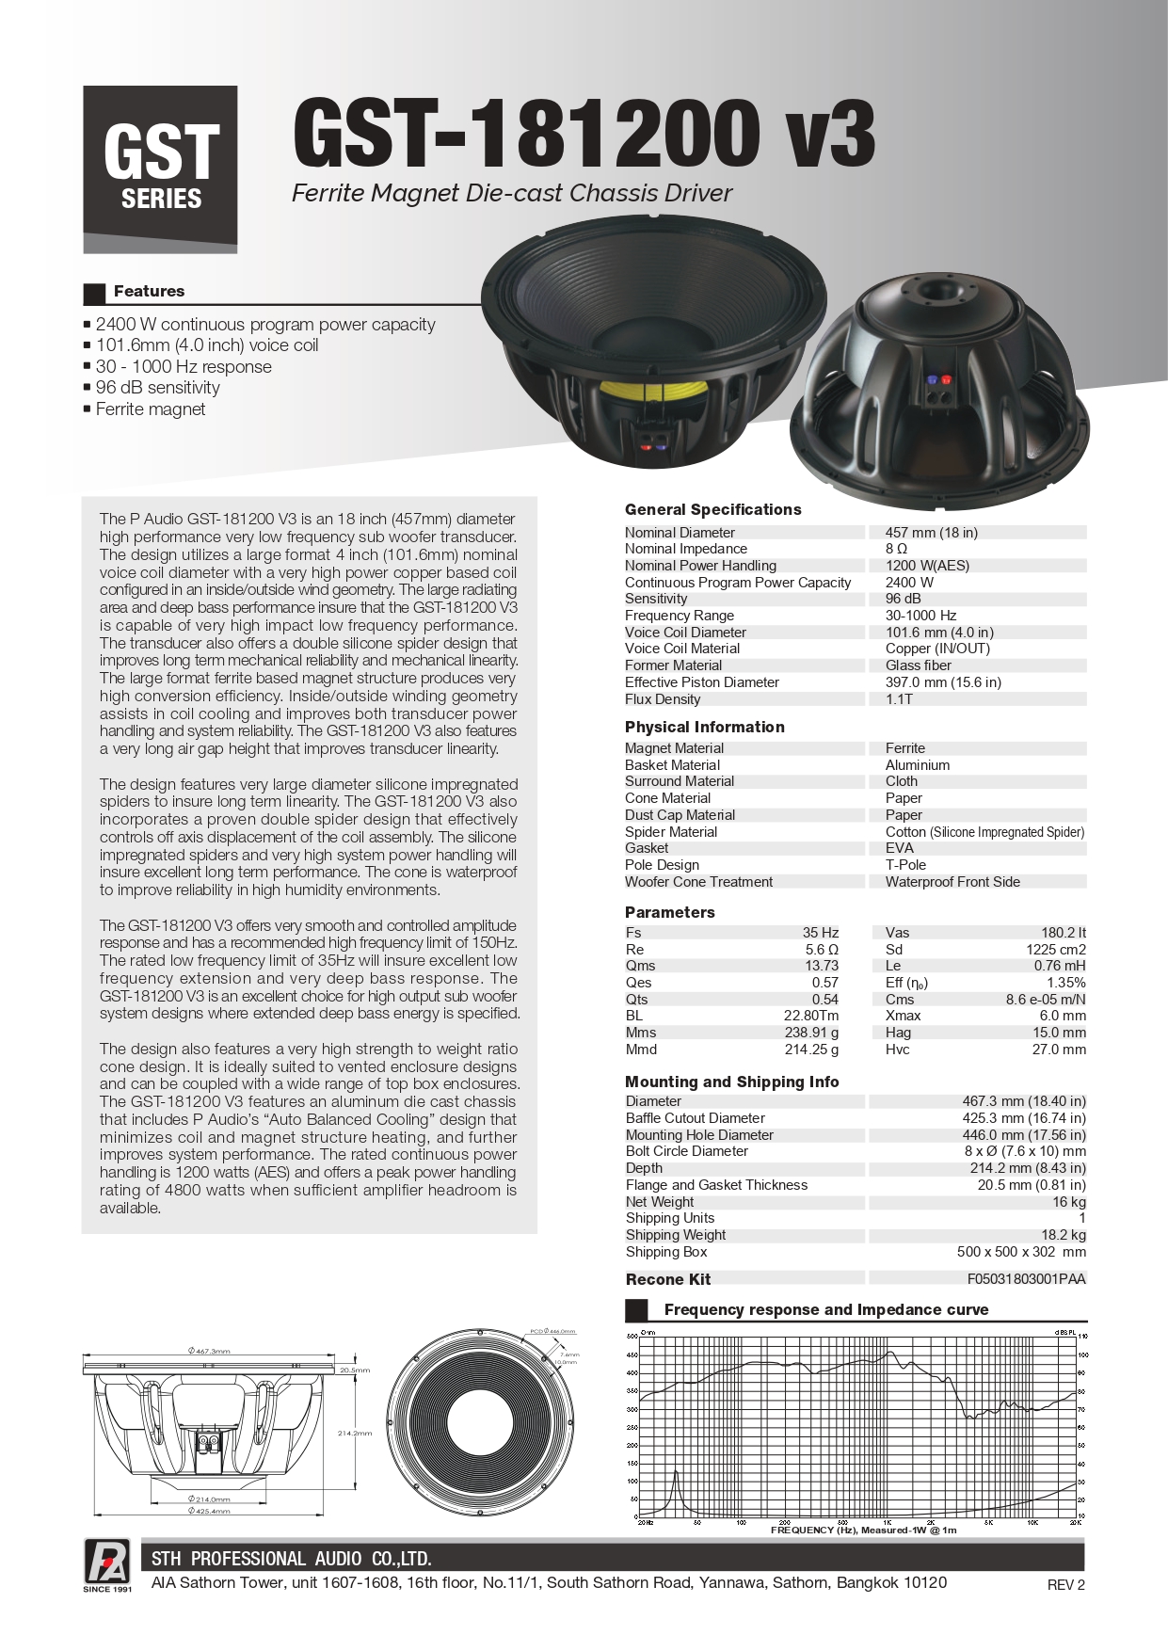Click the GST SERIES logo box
tap(160, 168)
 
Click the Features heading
tap(149, 292)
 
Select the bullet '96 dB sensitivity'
tap(157, 388)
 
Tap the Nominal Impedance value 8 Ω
tap(896, 549)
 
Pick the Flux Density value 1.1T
tap(899, 699)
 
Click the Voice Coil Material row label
tap(682, 649)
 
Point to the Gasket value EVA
tap(899, 848)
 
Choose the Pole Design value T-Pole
tap(905, 865)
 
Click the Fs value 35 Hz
tap(820, 933)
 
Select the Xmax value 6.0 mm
tap(1062, 1016)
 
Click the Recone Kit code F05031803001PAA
tap(1026, 1279)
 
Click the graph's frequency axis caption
tap(863, 1530)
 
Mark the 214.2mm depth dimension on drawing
tap(355, 1434)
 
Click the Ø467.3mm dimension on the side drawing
tap(208, 1351)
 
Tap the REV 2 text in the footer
tap(1065, 1585)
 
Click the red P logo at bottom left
tap(107, 1561)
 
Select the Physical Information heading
tap(704, 728)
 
